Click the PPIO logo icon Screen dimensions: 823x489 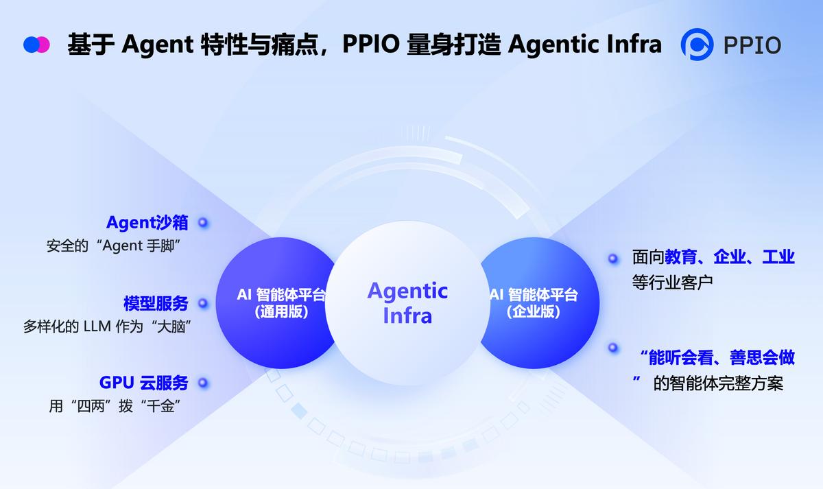(697, 45)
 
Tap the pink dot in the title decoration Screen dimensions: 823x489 (43, 45)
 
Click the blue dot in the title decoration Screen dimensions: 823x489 (31, 45)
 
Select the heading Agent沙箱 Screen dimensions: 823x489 (147, 223)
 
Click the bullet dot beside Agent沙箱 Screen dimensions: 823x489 (203, 223)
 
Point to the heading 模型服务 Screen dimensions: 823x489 (156, 303)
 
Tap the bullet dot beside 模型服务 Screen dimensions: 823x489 (203, 303)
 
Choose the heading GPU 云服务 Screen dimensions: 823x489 (143, 383)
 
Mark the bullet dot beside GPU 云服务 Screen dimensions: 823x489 (203, 383)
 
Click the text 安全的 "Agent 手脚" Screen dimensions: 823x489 (113, 246)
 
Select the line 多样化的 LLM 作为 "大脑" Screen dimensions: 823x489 (107, 326)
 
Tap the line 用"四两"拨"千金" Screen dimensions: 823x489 (115, 406)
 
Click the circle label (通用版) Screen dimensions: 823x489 (281, 312)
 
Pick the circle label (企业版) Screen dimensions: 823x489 (534, 312)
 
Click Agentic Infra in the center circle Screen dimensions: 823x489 (407, 303)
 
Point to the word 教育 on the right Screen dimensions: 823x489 (680, 257)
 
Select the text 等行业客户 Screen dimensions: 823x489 (672, 283)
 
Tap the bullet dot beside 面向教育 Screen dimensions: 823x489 (612, 259)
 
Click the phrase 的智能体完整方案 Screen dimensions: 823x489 (718, 383)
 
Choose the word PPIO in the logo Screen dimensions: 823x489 (752, 45)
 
